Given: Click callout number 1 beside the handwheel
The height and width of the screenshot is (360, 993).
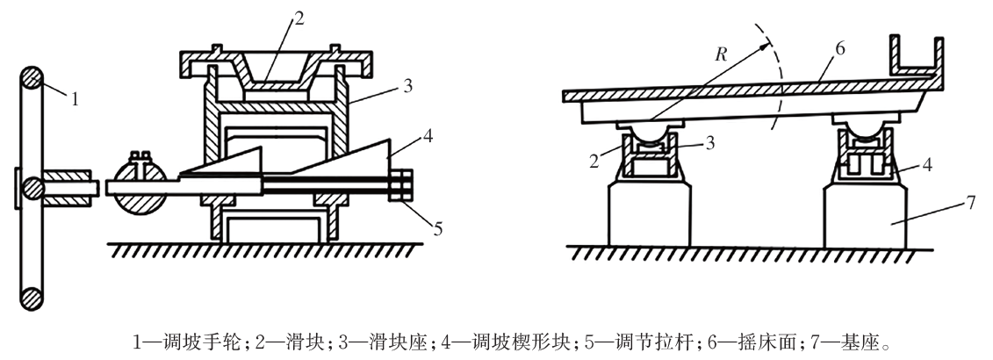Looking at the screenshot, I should (75, 98).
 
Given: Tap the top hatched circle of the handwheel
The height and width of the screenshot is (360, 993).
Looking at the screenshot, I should (32, 80).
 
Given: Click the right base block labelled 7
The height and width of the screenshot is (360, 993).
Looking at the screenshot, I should (865, 214).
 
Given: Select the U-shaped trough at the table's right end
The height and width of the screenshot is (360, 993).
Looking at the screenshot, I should (915, 61).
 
